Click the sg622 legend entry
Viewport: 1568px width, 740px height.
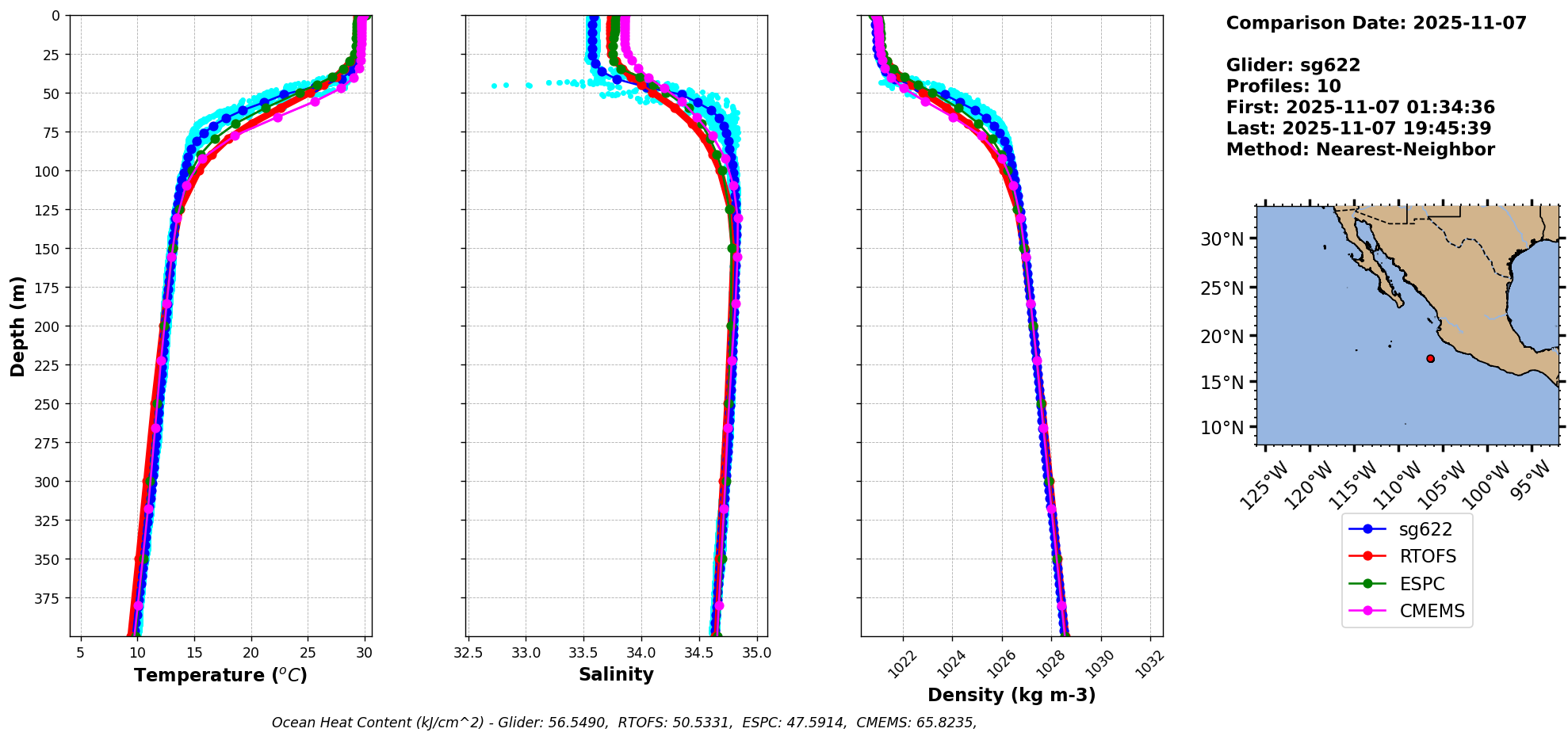(x=1425, y=529)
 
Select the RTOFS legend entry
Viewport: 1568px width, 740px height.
(x=1427, y=556)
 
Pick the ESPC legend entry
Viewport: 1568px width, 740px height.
(x=1421, y=584)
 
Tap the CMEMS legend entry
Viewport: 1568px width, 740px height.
(x=1431, y=611)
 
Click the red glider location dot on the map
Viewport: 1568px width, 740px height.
(x=1430, y=359)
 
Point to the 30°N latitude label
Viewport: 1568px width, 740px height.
(x=1222, y=239)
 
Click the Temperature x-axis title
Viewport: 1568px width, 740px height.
(x=220, y=675)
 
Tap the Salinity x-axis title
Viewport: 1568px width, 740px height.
(x=616, y=674)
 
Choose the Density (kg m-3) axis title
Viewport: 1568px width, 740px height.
(x=1012, y=695)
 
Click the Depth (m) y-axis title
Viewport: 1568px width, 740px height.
(x=18, y=326)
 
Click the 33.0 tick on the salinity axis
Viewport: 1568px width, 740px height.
(x=526, y=654)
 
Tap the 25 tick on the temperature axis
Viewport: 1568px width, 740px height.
(x=308, y=654)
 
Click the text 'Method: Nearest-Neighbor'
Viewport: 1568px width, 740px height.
(x=1360, y=150)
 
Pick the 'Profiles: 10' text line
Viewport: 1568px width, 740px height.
(x=1283, y=86)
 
